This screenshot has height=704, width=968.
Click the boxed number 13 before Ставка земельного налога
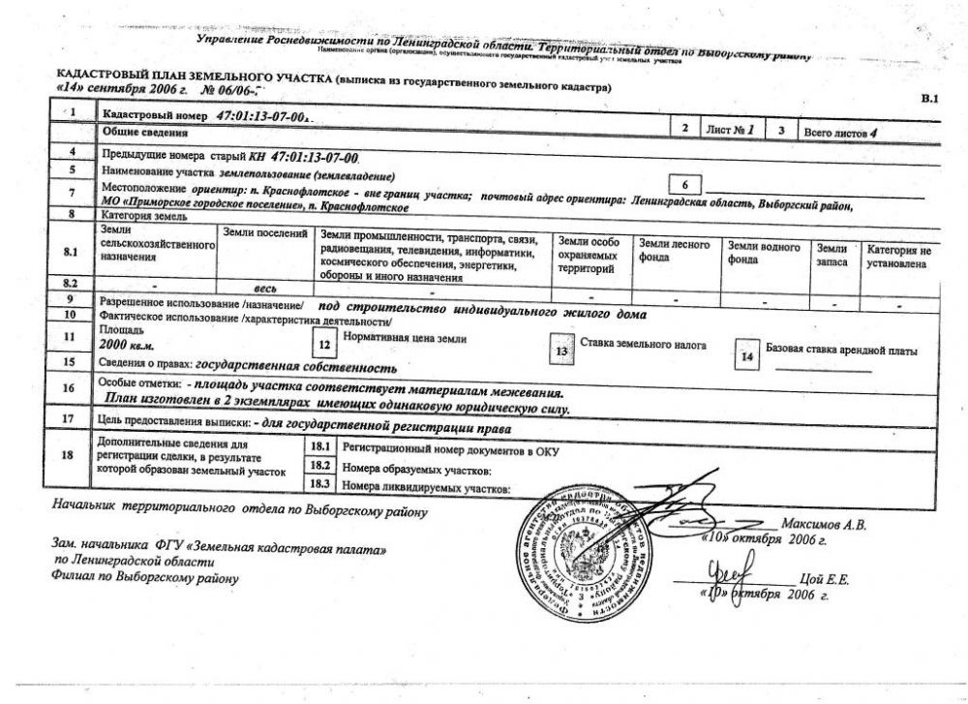pyautogui.click(x=560, y=352)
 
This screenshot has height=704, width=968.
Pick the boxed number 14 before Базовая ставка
pyautogui.click(x=745, y=355)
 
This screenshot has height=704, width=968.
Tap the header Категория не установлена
pyautogui.click(x=898, y=256)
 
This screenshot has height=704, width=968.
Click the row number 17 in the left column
pyautogui.click(x=68, y=419)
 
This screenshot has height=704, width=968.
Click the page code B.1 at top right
pyautogui.click(x=929, y=99)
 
